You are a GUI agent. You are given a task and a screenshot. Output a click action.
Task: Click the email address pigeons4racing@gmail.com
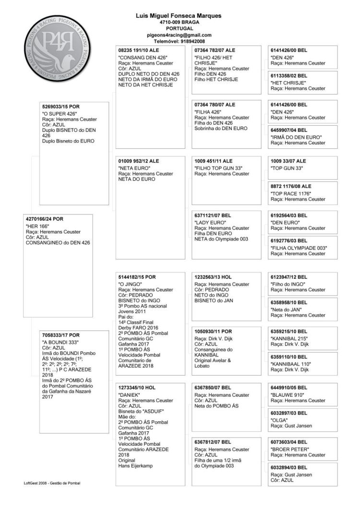179,35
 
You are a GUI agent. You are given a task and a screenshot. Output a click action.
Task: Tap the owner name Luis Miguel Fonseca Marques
179,16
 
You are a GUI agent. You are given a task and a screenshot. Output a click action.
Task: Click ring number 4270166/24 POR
44,219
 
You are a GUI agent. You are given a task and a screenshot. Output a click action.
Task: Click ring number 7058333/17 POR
61,335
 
